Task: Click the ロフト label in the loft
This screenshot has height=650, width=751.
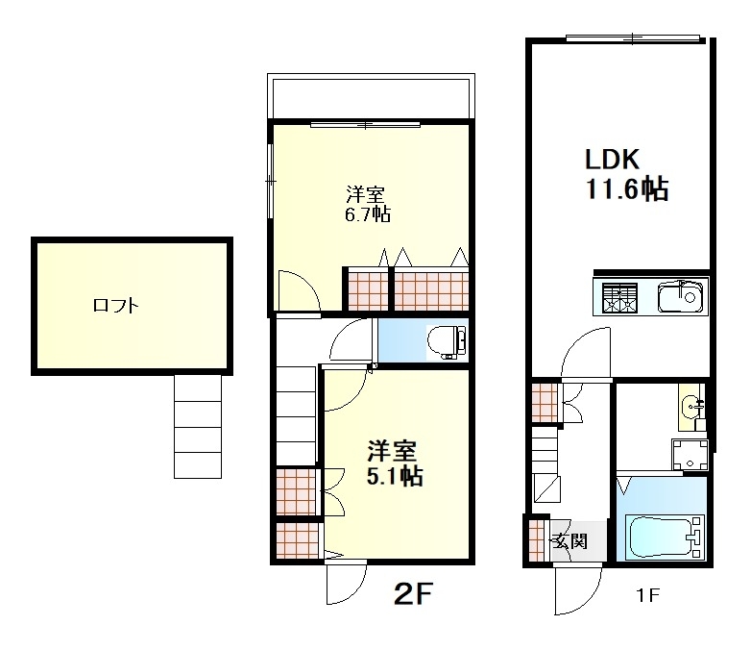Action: tap(116, 306)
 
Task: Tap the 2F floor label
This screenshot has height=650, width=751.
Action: tap(413, 593)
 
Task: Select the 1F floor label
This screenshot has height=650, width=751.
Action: tap(647, 595)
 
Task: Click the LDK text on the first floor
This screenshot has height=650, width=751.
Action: tap(612, 160)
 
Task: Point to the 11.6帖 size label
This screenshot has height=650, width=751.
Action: tap(627, 188)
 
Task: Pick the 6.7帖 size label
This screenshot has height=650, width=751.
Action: tap(368, 214)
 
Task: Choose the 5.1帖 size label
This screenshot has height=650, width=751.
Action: tap(395, 476)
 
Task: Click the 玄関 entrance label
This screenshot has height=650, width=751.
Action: tap(569, 541)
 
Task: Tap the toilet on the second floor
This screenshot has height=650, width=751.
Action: tap(447, 341)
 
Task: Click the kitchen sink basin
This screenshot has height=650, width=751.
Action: tap(682, 297)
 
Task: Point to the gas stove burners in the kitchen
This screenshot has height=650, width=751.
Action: tap(619, 298)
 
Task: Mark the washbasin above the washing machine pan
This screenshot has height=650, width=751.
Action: tap(691, 408)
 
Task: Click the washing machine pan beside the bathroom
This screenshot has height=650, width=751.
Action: tap(690, 455)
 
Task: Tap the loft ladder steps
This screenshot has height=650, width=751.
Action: tap(198, 427)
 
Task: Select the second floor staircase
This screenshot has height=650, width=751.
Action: tap(296, 415)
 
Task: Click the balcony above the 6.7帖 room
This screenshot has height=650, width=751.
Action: tap(371, 96)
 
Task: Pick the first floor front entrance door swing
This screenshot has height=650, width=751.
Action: tap(577, 590)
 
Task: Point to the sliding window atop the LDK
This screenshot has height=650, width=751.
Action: tap(633, 37)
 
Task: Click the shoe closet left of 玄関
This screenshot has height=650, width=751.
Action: tap(536, 540)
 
